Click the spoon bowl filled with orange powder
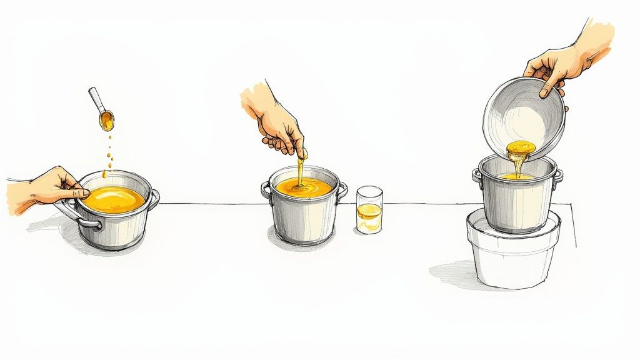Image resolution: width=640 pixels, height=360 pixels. tap(107, 119)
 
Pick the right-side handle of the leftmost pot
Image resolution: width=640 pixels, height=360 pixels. tap(154, 198)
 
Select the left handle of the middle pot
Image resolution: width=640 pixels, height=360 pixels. tap(266, 189)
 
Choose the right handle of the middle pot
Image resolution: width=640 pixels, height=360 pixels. tap(342, 190)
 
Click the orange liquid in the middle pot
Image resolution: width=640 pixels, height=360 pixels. tap(304, 187)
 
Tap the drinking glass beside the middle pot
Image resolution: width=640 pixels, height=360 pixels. tap(369, 209)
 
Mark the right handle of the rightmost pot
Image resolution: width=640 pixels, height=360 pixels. tap(559, 176)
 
